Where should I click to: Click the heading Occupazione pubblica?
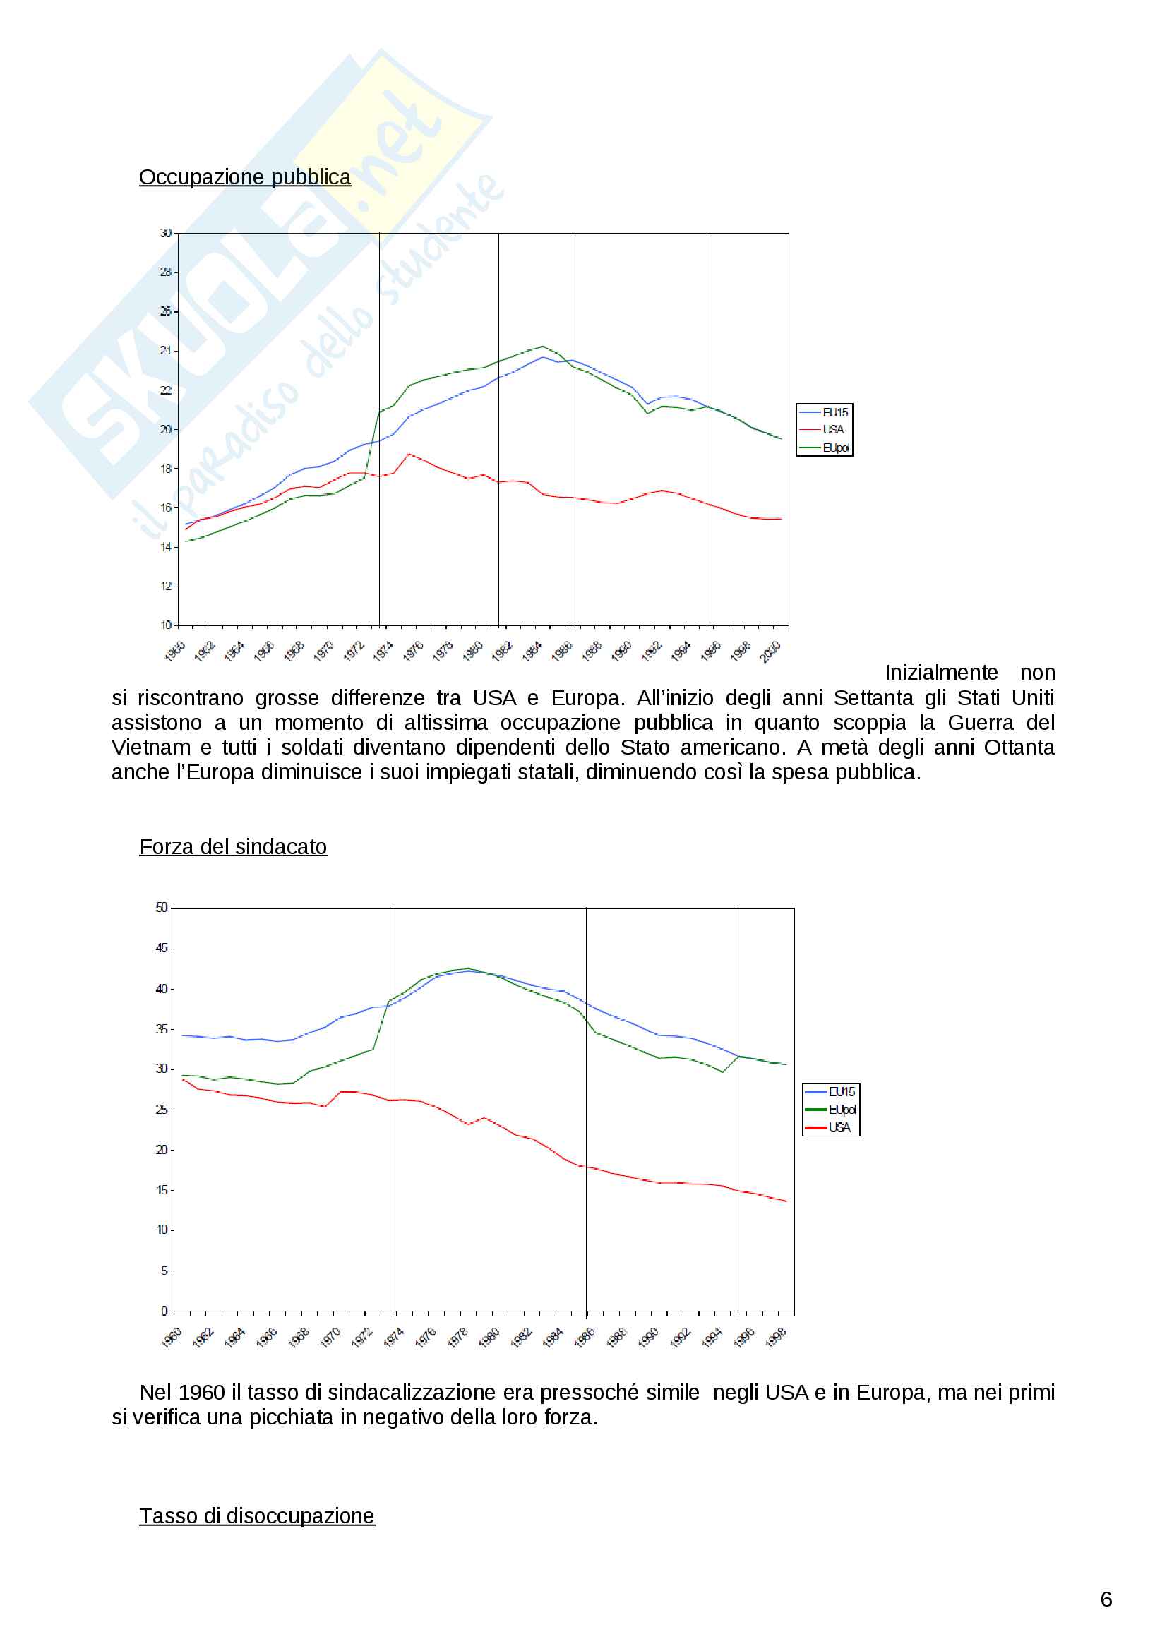[244, 177]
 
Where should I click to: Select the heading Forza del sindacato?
[233, 846]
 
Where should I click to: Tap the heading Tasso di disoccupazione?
[257, 1515]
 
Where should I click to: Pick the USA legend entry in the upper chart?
[832, 429]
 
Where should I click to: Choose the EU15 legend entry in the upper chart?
[834, 412]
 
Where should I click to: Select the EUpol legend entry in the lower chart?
[842, 1110]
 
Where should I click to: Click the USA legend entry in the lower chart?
[839, 1127]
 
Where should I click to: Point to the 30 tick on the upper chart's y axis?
[166, 233]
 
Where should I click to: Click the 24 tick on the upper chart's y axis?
[166, 350]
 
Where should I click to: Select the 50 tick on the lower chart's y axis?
[162, 908]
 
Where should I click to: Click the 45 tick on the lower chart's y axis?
[162, 948]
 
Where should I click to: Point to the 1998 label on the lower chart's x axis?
[776, 1338]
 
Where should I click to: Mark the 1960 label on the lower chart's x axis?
[171, 1338]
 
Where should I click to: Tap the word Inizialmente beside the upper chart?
[940, 673]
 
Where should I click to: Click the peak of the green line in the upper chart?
[542, 346]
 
